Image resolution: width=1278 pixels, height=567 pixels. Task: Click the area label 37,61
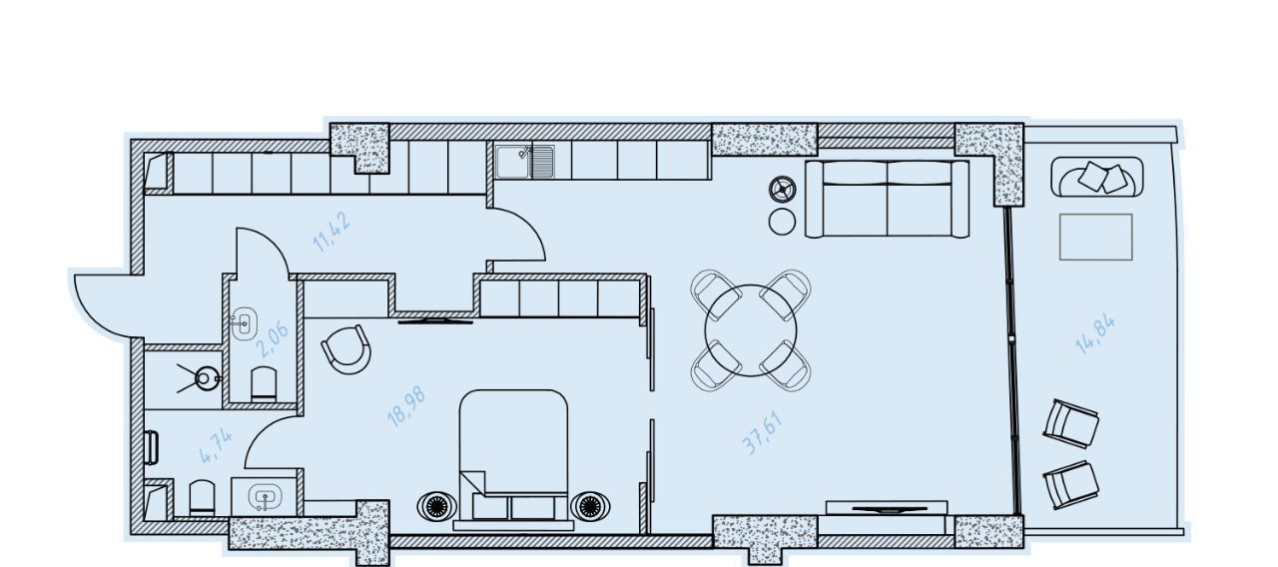click(x=762, y=433)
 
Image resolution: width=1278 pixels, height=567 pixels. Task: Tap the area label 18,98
click(x=406, y=407)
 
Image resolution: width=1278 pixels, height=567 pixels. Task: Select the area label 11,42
click(x=331, y=232)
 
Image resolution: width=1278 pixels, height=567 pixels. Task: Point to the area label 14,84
click(x=1095, y=334)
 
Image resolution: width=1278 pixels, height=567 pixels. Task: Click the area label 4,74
click(x=216, y=445)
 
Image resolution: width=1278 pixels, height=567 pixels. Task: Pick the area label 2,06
click(x=272, y=340)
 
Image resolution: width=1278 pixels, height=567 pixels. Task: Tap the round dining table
click(x=750, y=330)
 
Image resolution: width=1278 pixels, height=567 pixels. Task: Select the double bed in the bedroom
click(x=513, y=460)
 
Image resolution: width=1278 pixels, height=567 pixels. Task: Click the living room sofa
click(x=888, y=199)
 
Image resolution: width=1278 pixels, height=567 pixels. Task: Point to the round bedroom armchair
click(x=346, y=349)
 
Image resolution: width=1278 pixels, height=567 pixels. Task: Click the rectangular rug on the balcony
click(x=1096, y=237)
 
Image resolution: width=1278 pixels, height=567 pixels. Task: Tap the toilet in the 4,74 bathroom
click(x=202, y=498)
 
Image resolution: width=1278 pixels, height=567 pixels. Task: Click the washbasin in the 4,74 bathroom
click(x=265, y=497)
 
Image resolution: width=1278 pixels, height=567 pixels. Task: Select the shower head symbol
click(x=206, y=378)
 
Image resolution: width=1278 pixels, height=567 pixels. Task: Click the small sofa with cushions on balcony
click(x=1096, y=178)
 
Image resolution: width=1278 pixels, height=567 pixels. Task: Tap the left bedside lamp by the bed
click(x=436, y=506)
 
